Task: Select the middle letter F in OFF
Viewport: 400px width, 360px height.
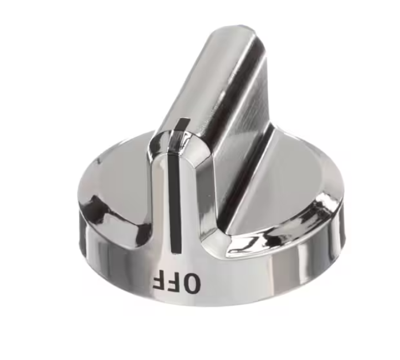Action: point(173,281)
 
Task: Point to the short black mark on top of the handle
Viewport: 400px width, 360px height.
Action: point(183,124)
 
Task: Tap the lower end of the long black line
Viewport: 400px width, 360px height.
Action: point(176,252)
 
